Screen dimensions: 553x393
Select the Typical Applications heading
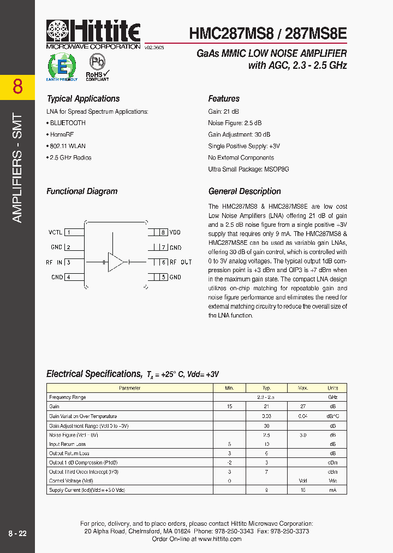(x=83, y=99)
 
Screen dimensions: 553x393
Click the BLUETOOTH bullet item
(x=68, y=123)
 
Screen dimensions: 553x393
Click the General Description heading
(x=245, y=191)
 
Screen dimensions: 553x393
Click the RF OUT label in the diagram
(x=181, y=262)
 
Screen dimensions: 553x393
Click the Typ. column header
(x=267, y=388)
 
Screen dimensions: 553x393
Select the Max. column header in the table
(x=303, y=388)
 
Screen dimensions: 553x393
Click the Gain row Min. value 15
(x=230, y=407)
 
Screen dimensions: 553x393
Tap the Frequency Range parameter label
(x=68, y=397)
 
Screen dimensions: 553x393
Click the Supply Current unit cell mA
(x=332, y=490)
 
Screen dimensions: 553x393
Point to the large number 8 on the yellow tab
(x=17, y=87)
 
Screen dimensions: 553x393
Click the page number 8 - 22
(x=17, y=533)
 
